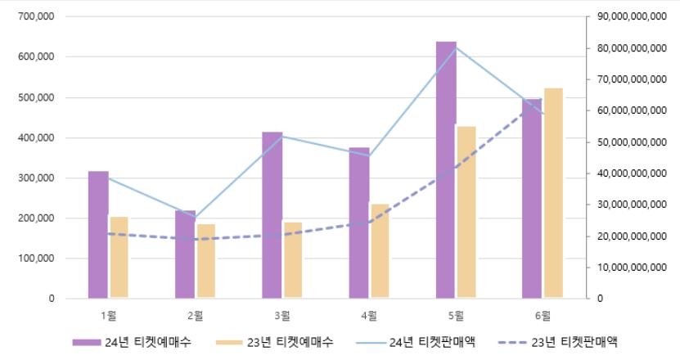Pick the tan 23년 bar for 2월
(206, 261)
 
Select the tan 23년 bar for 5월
(466, 213)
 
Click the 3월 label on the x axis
(282, 314)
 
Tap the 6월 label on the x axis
(543, 314)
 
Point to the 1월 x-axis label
(108, 314)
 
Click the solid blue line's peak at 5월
(456, 47)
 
